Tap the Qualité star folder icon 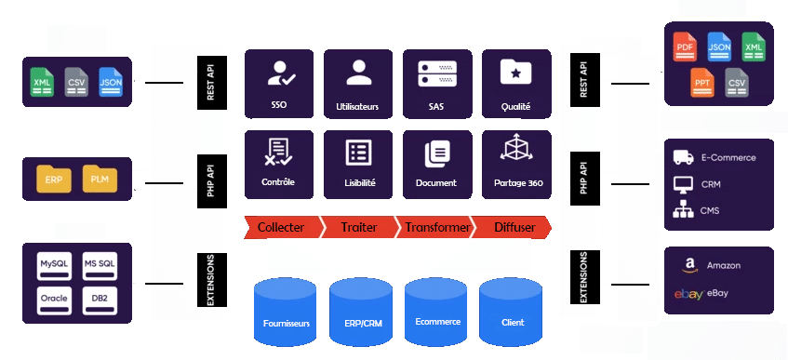pos(514,72)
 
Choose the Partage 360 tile pos(515,164)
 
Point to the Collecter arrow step pos(280,226)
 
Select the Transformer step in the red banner pos(434,226)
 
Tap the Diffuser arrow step pos(511,226)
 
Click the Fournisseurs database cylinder pos(287,311)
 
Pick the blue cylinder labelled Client pos(513,311)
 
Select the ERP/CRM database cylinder pos(362,311)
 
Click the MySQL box pos(55,265)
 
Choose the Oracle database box pos(55,299)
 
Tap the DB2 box pos(100,299)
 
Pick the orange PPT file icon pos(702,83)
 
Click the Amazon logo pos(688,266)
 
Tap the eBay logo pos(688,294)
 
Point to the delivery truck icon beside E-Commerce pos(683,158)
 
